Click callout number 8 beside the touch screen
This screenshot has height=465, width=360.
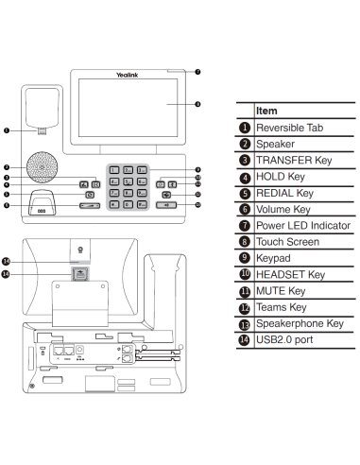[197, 104]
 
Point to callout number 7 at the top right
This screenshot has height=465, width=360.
[197, 72]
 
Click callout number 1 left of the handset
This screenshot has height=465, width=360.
[7, 131]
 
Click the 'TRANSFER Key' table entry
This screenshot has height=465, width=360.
[295, 160]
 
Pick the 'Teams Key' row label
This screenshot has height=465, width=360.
[282, 307]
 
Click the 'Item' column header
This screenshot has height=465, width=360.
[266, 111]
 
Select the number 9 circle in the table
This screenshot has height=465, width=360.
[244, 258]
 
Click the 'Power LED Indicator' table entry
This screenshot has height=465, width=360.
[303, 225]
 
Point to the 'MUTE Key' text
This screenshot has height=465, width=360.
[282, 291]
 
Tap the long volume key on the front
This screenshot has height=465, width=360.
[90, 204]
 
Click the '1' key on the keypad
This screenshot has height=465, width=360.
[113, 169]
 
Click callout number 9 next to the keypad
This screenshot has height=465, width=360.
[197, 169]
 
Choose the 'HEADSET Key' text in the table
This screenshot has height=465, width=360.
[291, 274]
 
